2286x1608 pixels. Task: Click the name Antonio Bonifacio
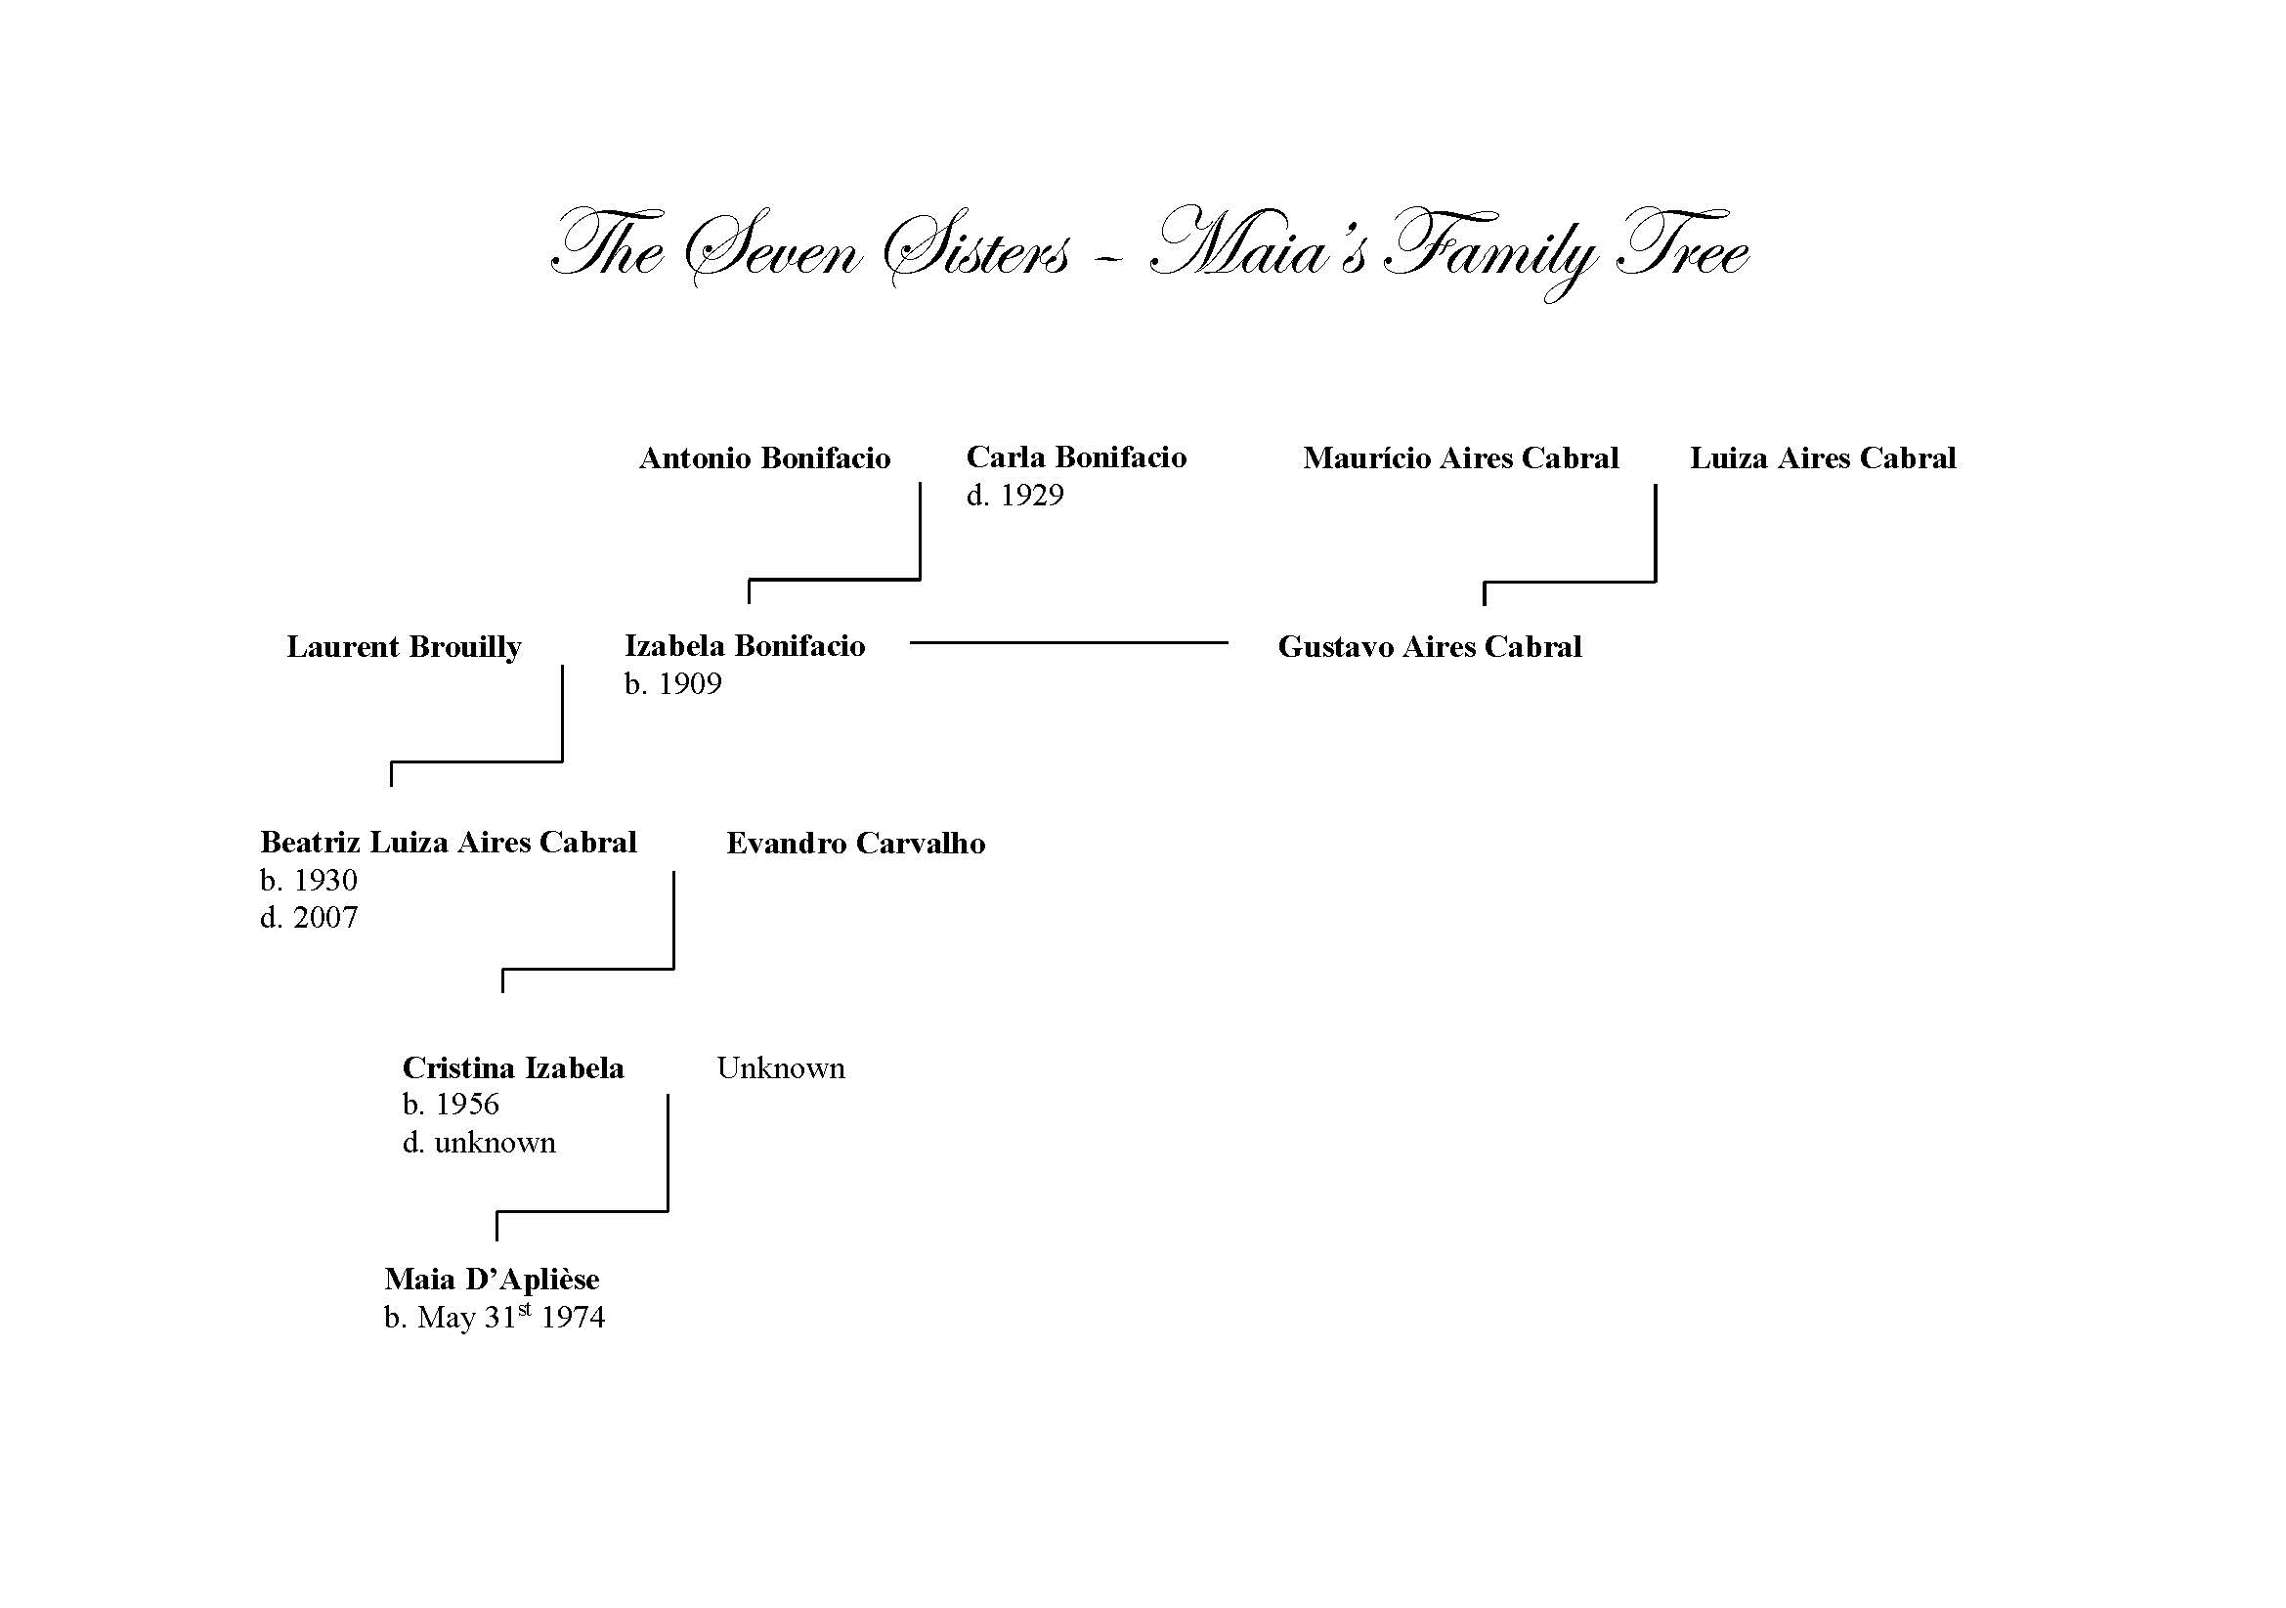(764, 458)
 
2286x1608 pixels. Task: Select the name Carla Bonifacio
(1076, 457)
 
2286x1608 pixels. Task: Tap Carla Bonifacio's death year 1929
(1032, 495)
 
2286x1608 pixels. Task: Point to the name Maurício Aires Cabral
(1460, 458)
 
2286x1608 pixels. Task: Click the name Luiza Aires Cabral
(1823, 458)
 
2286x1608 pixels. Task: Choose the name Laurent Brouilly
(405, 647)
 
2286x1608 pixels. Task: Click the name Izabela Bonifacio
(745, 646)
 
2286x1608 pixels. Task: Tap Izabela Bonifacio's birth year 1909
(690, 684)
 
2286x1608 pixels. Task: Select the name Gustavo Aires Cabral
(1430, 647)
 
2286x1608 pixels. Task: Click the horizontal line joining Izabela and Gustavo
(1068, 643)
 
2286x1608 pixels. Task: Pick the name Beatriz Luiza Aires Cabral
(448, 843)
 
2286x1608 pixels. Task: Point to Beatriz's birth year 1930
(325, 880)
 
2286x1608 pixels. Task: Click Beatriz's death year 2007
(325, 917)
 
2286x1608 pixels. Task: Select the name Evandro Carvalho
(856, 844)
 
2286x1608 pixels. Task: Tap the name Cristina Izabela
(513, 1067)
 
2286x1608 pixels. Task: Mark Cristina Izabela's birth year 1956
(467, 1105)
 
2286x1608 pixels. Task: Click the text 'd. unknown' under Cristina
(479, 1142)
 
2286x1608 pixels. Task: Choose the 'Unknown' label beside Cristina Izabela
(781, 1067)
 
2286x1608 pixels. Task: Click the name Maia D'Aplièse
(492, 1279)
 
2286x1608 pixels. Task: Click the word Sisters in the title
(976, 247)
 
